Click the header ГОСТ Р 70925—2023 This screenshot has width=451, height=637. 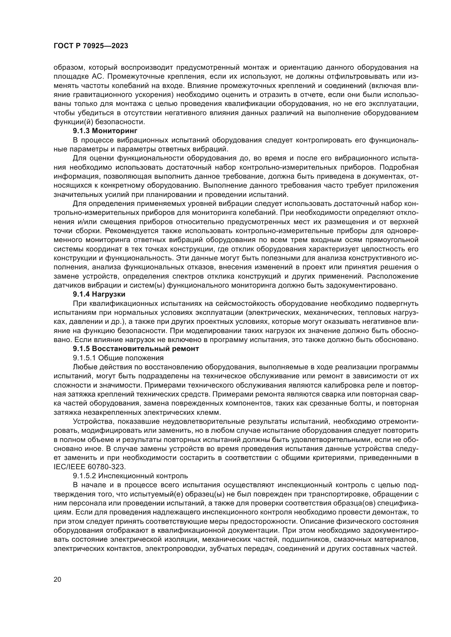[91, 46]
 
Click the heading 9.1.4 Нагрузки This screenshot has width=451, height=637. [99, 294]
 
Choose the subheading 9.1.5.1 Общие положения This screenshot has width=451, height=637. [118, 358]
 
